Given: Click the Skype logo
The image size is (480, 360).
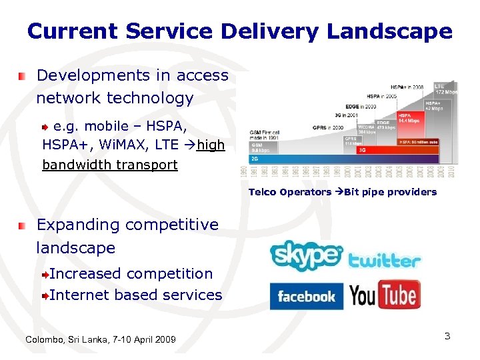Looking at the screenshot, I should (x=306, y=255).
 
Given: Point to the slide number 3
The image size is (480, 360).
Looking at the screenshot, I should (x=447, y=336).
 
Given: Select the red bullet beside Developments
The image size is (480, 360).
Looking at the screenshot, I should (x=23, y=77).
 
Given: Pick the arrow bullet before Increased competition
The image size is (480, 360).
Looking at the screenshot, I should (x=45, y=275).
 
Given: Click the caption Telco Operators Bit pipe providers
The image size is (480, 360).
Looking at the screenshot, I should (x=343, y=192).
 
